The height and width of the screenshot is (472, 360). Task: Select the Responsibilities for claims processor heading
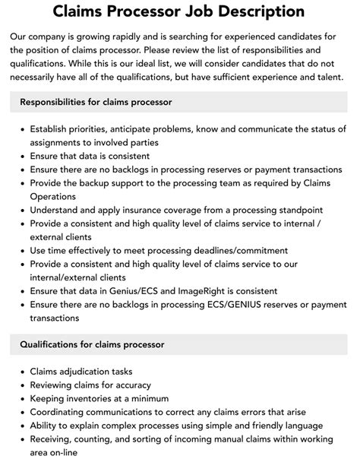pos(96,102)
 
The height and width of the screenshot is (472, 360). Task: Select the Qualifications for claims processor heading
pos(92,344)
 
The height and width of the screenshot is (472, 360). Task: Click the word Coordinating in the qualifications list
pos(59,412)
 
